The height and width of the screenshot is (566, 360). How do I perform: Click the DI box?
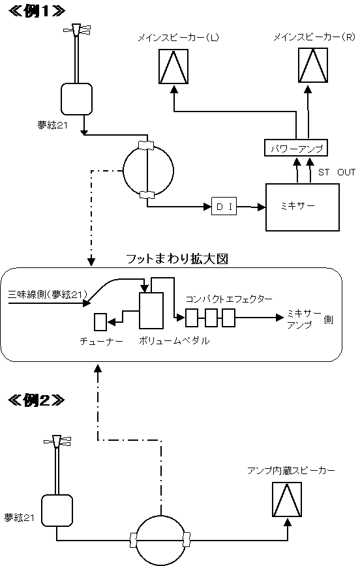coord(224,206)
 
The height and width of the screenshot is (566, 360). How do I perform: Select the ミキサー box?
coord(302,207)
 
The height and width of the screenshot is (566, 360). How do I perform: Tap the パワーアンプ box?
coord(295,147)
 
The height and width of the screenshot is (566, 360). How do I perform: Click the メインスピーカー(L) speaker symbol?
coord(173,67)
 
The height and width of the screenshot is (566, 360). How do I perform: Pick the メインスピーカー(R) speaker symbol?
coord(312,65)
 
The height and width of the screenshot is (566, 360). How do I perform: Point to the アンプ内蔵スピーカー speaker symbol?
coord(287,499)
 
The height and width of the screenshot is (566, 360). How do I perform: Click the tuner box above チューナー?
coord(100,322)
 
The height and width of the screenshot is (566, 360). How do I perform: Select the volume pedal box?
coord(151,310)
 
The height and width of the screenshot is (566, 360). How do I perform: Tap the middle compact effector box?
coord(211,318)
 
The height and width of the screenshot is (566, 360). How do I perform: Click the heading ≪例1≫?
coord(37,11)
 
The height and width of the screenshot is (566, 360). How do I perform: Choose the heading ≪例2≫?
coord(37,400)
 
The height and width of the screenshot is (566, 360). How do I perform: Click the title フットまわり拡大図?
coord(177,259)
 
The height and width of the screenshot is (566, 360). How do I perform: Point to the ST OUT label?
coord(337,172)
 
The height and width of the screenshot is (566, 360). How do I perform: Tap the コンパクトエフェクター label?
coord(228,299)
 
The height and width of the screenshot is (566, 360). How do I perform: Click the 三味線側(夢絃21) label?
coord(48,295)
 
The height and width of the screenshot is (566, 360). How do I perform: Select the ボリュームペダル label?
coord(174,341)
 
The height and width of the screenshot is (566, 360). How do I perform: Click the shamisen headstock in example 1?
coord(77,30)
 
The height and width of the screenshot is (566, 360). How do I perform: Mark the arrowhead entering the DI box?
coord(207,207)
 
